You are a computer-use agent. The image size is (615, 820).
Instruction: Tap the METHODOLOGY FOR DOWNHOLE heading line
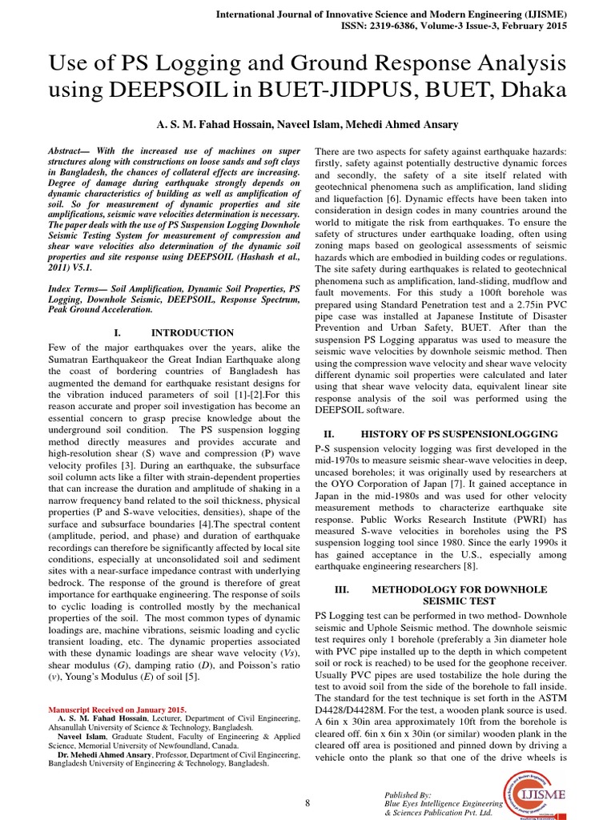pos(459,589)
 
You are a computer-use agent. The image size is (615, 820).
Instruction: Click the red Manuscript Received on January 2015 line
pos(117,709)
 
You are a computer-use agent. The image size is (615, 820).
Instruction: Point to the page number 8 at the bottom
pos(307,802)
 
